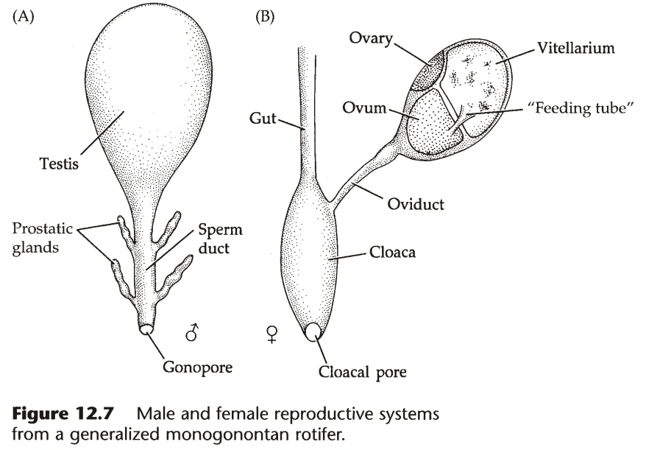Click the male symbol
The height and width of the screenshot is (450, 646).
(192, 334)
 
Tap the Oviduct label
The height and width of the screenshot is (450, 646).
(416, 203)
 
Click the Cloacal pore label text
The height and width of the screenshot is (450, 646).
(362, 373)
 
